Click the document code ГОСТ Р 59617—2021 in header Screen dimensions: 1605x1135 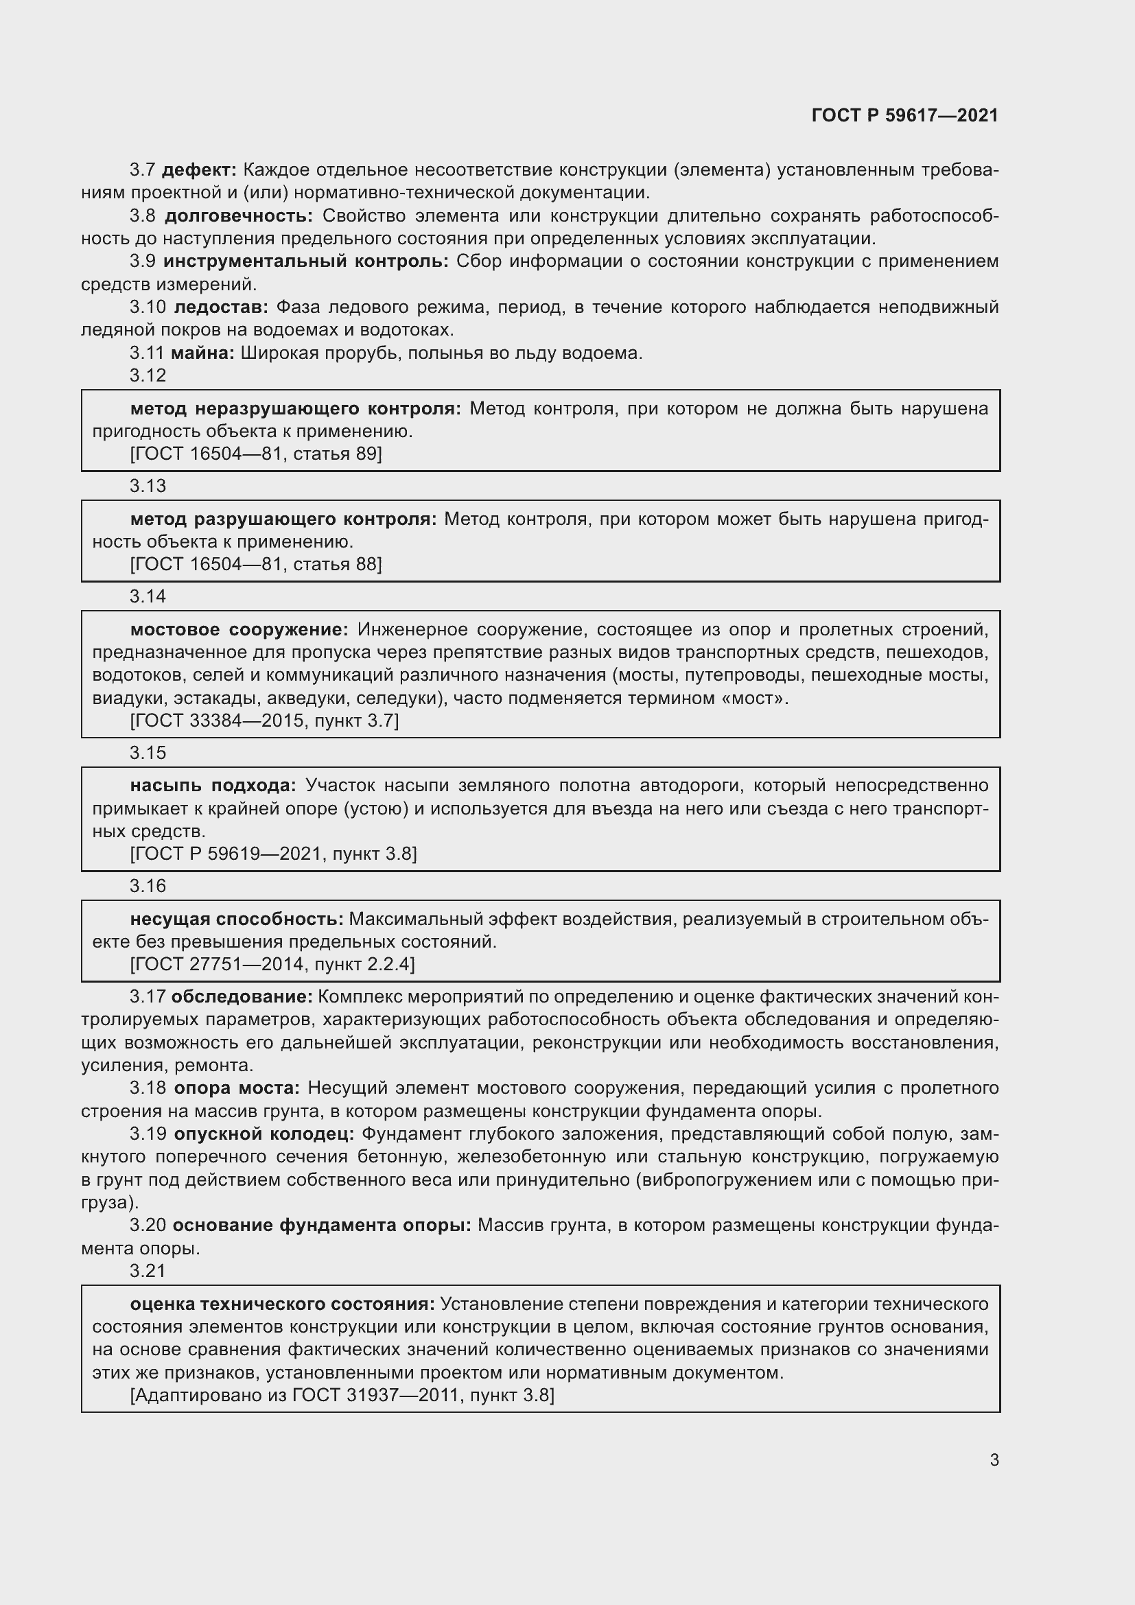pyautogui.click(x=905, y=115)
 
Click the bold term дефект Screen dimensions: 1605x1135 pyautogui.click(x=199, y=170)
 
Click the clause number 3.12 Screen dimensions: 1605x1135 pyautogui.click(x=148, y=375)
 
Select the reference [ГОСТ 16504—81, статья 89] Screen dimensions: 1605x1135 pyautogui.click(x=257, y=454)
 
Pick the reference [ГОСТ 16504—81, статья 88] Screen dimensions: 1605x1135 pyautogui.click(x=257, y=564)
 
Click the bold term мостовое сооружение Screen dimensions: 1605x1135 pyautogui.click(x=239, y=630)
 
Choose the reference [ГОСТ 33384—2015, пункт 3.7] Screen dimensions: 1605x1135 pyautogui.click(x=265, y=721)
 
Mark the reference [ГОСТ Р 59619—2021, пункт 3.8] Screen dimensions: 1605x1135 pyautogui.click(x=274, y=854)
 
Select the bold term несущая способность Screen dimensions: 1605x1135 pyautogui.click(x=237, y=919)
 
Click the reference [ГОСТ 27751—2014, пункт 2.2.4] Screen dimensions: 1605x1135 pyautogui.click(x=272, y=965)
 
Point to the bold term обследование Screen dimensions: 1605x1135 pyautogui.click(x=242, y=997)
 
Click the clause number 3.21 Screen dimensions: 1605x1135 pyautogui.click(x=148, y=1271)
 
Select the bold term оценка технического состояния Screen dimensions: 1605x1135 pyautogui.click(x=282, y=1304)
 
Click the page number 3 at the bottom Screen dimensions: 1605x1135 pyautogui.click(x=994, y=1460)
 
